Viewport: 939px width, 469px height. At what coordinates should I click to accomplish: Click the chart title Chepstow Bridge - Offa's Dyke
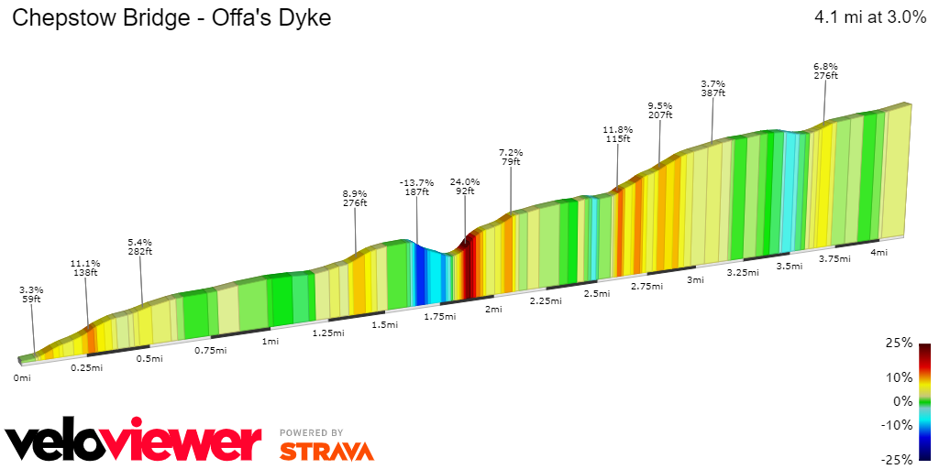pyautogui.click(x=171, y=18)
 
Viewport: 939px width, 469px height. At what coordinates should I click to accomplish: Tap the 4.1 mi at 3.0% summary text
pyautogui.click(x=870, y=18)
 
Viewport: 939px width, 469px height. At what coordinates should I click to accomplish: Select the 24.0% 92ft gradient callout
pyautogui.click(x=465, y=186)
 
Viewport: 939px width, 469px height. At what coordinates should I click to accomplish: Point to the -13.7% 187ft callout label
pyautogui.click(x=416, y=186)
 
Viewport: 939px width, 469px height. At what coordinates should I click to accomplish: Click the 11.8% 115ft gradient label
pyautogui.click(x=618, y=134)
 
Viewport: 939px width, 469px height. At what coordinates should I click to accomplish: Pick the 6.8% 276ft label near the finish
pyautogui.click(x=825, y=71)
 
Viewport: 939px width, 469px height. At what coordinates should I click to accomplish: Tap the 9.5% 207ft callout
pyautogui.click(x=660, y=110)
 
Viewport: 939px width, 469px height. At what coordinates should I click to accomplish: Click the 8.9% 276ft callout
pyautogui.click(x=355, y=198)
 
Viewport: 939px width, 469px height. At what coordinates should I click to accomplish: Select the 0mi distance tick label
pyautogui.click(x=22, y=377)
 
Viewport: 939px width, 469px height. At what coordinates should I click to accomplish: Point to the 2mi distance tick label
pyautogui.click(x=493, y=309)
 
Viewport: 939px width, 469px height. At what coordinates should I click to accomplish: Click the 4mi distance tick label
pyautogui.click(x=878, y=252)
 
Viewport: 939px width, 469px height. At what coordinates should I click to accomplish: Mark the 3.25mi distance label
pyautogui.click(x=743, y=273)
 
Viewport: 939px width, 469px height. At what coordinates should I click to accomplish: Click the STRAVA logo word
pyautogui.click(x=326, y=451)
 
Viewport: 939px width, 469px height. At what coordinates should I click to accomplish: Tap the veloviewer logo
pyautogui.click(x=133, y=442)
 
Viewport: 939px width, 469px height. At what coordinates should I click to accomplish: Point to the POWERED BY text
pyautogui.click(x=312, y=432)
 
